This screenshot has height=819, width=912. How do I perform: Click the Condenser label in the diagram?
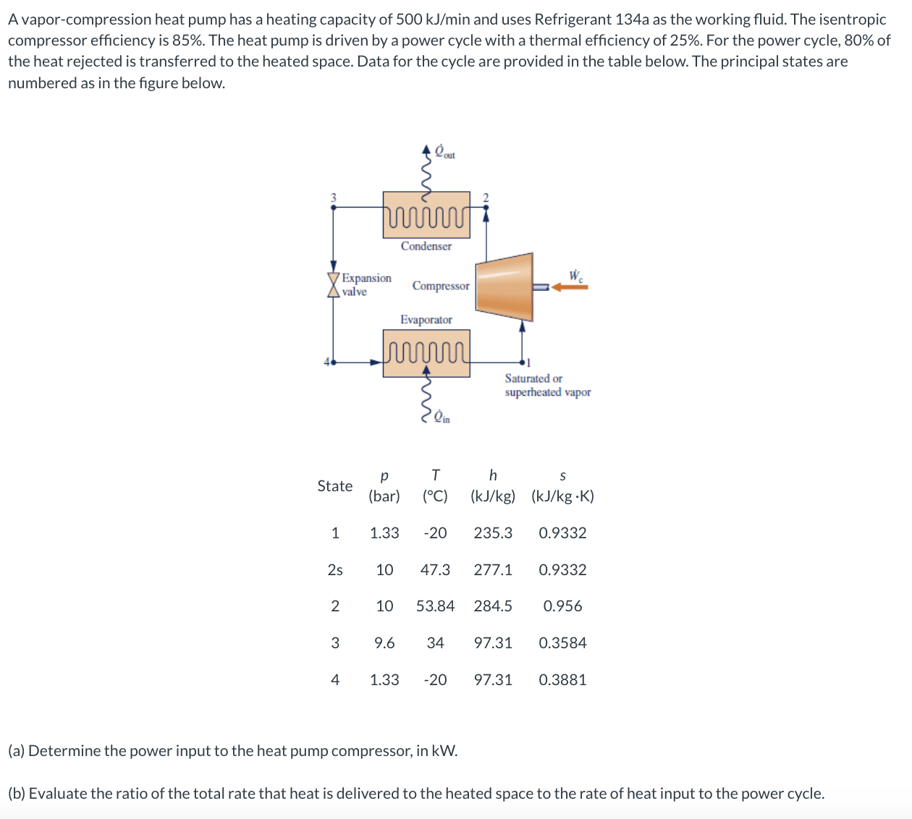pyautogui.click(x=426, y=246)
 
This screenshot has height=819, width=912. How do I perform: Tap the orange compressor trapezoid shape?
pyautogui.click(x=504, y=286)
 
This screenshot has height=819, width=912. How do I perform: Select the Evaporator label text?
pyautogui.click(x=426, y=320)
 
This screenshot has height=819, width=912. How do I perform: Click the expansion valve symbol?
pyautogui.click(x=334, y=285)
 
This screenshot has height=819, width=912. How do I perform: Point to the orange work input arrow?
pyautogui.click(x=570, y=287)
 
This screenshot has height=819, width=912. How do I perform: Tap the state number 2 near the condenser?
pyautogui.click(x=486, y=197)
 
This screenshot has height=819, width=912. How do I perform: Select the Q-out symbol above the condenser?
pyautogui.click(x=444, y=152)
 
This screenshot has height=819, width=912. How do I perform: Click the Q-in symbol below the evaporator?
pyautogui.click(x=442, y=417)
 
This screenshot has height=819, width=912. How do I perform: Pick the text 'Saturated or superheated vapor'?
pyautogui.click(x=547, y=385)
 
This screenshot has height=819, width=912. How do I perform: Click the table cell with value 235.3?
pyautogui.click(x=493, y=533)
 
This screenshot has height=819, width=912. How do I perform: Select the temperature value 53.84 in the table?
pyautogui.click(x=435, y=606)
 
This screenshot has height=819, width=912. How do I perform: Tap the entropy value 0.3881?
pyautogui.click(x=562, y=680)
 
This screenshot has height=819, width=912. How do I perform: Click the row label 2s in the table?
pyautogui.click(x=335, y=570)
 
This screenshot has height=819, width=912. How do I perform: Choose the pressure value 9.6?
pyautogui.click(x=384, y=643)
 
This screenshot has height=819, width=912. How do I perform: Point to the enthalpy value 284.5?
pyautogui.click(x=493, y=606)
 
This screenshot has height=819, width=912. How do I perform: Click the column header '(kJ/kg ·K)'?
pyautogui.click(x=562, y=496)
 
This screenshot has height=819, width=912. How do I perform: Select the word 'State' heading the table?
pyautogui.click(x=334, y=486)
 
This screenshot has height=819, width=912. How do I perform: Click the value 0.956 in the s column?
pyautogui.click(x=562, y=606)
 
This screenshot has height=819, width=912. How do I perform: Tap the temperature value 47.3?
pyautogui.click(x=435, y=570)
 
